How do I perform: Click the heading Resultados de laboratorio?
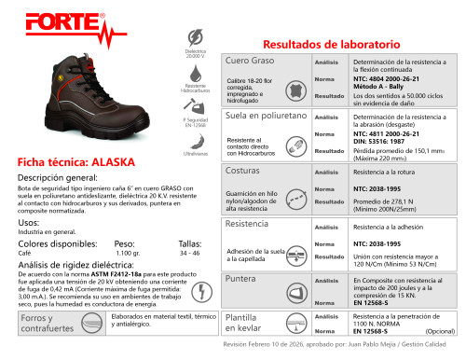pyautogui.click(x=333, y=45)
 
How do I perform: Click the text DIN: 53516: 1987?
pyautogui.click(x=384, y=142)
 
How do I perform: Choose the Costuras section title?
pyautogui.click(x=244, y=172)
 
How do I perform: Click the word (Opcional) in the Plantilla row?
pyautogui.click(x=440, y=331)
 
